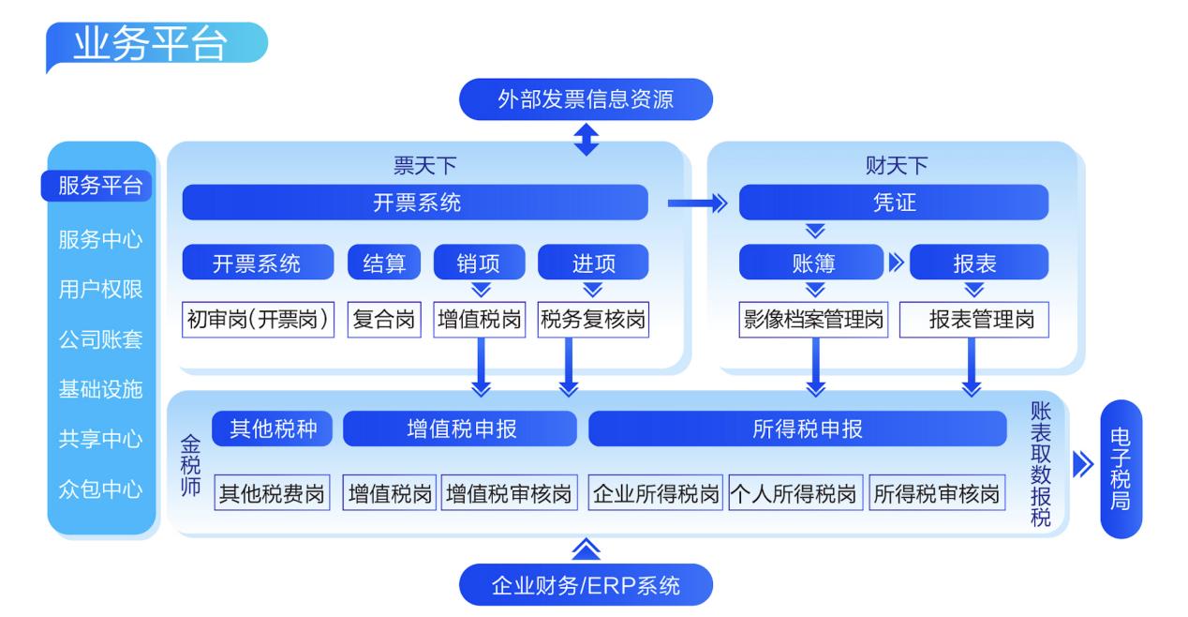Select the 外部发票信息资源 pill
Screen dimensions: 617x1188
(586, 99)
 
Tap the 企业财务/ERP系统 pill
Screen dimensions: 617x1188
(586, 586)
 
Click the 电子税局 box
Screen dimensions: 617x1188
(1121, 469)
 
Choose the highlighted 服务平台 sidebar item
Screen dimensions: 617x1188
(100, 186)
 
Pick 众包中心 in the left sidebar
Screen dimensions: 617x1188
(100, 489)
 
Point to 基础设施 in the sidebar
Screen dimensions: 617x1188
(100, 389)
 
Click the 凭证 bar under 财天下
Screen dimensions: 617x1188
(893, 203)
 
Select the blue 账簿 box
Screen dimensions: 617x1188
(810, 263)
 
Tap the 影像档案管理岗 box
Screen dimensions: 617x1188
(811, 320)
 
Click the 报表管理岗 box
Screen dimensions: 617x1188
(973, 320)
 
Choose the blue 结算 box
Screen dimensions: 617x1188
(384, 263)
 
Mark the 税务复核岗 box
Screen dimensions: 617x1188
(593, 320)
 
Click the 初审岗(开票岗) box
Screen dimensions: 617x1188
(258, 320)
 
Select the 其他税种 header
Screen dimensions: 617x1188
(272, 429)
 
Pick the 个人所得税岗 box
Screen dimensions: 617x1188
(794, 494)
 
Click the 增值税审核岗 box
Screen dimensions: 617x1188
(508, 494)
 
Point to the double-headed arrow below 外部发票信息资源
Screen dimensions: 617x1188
(586, 137)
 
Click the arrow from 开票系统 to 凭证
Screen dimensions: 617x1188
(697, 203)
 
